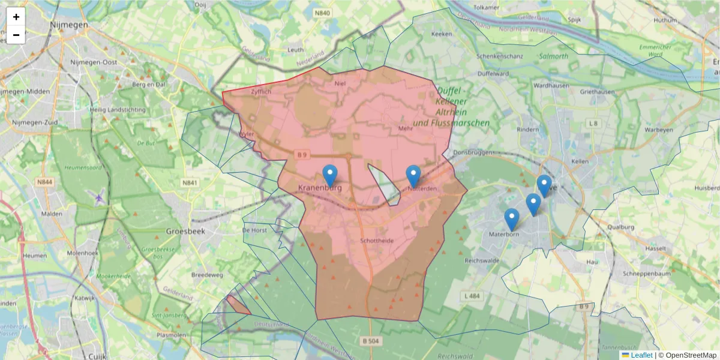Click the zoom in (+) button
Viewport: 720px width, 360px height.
[x=16, y=17]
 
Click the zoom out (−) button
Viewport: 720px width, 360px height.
[x=16, y=35]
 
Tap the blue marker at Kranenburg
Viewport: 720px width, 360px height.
[x=329, y=176]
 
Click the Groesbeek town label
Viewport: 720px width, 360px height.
[x=186, y=230]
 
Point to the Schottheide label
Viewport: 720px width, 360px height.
[x=376, y=241]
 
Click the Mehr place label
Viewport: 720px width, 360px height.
[x=406, y=128]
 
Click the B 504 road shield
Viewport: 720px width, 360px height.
[x=371, y=340]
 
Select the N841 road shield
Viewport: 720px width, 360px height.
[x=190, y=183]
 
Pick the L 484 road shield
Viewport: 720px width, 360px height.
[x=473, y=296]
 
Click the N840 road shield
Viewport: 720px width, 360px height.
[x=322, y=13]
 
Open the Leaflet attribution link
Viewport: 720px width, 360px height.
[x=641, y=355]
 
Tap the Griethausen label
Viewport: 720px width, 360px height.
[x=598, y=92]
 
